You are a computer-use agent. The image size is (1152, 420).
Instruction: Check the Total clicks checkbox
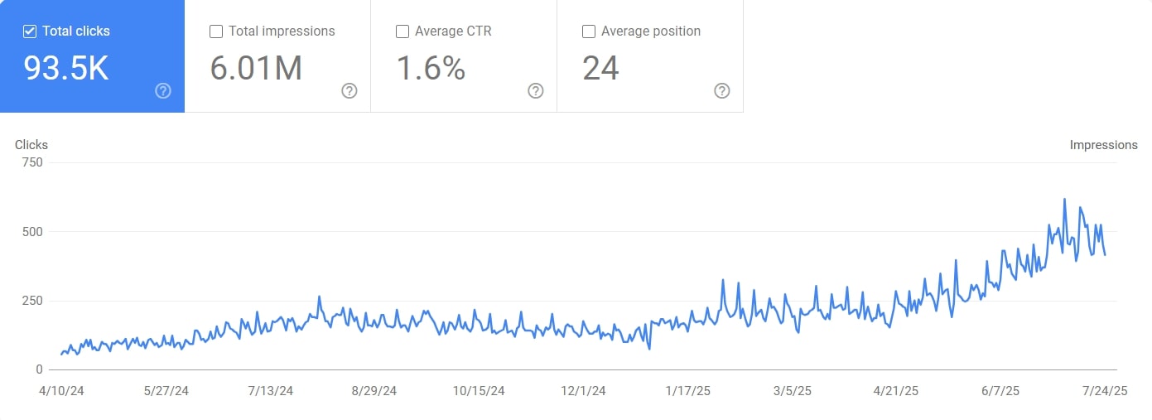click(x=30, y=31)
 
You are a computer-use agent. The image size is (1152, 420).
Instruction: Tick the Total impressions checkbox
click(x=216, y=31)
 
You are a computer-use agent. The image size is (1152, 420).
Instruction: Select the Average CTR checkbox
click(x=402, y=31)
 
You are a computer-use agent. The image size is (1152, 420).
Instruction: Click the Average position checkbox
click(x=589, y=31)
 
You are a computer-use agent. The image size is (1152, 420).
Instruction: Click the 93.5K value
click(x=66, y=69)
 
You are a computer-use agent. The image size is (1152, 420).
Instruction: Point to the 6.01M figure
click(x=255, y=69)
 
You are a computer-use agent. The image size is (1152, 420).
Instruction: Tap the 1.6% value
click(x=431, y=69)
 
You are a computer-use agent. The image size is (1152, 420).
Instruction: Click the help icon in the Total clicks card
click(x=163, y=91)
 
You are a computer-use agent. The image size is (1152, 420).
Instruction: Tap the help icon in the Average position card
click(x=722, y=91)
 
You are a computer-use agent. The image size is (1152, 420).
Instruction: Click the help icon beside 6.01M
click(x=349, y=91)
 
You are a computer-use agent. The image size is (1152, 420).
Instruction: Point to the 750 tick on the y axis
click(x=32, y=162)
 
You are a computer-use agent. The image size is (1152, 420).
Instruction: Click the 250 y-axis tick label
click(x=32, y=301)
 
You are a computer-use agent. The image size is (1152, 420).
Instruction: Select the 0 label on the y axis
click(x=39, y=369)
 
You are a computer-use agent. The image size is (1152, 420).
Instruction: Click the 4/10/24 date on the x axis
click(x=61, y=391)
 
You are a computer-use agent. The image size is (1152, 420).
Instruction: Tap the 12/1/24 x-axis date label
click(x=583, y=391)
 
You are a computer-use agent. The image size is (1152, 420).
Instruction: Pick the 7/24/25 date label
click(x=1105, y=391)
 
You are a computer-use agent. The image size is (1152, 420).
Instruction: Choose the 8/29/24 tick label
click(x=374, y=391)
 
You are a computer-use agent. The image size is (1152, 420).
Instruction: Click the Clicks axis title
click(x=31, y=145)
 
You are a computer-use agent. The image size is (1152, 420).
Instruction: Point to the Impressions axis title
click(x=1103, y=145)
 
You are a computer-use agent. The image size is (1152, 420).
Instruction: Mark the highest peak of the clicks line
click(x=1064, y=199)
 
